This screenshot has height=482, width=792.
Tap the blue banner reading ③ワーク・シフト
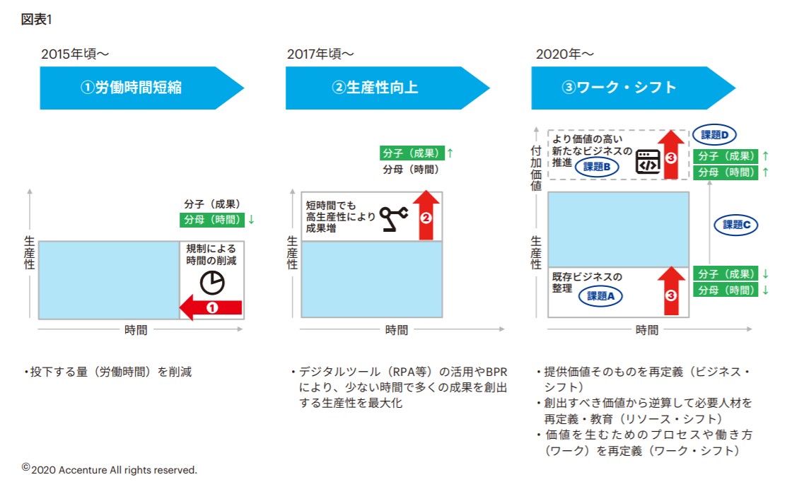click(x=627, y=88)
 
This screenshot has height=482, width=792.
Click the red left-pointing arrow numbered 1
click(x=211, y=307)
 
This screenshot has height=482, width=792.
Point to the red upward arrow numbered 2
click(x=426, y=215)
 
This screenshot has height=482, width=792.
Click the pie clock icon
click(x=211, y=283)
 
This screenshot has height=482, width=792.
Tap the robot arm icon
click(x=394, y=218)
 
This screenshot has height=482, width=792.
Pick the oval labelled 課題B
click(x=597, y=166)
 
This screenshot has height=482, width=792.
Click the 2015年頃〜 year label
click(x=75, y=54)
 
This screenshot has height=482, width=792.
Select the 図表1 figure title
click(x=36, y=19)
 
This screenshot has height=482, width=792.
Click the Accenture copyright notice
click(x=110, y=469)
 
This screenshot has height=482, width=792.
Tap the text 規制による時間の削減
click(x=211, y=254)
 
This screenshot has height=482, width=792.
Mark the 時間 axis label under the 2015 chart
click(x=136, y=330)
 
